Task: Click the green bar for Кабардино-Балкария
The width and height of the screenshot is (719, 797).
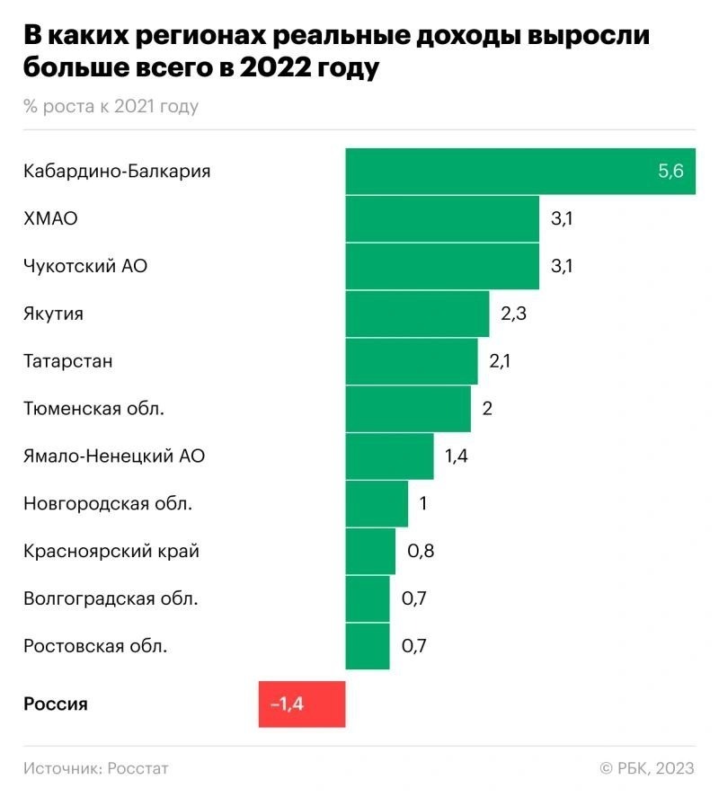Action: pyautogui.click(x=503, y=171)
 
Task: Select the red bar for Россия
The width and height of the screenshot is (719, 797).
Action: pyautogui.click(x=301, y=704)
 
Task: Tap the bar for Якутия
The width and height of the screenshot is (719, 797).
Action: pyautogui.click(x=417, y=314)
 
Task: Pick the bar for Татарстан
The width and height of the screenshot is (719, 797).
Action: pyautogui.click(x=412, y=361)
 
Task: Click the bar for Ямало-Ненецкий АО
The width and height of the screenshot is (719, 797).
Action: pyautogui.click(x=389, y=456)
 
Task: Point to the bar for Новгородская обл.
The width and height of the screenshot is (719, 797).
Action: pyautogui.click(x=377, y=503)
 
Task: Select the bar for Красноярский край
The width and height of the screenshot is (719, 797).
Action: pyautogui.click(x=370, y=551)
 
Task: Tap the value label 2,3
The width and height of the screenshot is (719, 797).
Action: pyautogui.click(x=513, y=314)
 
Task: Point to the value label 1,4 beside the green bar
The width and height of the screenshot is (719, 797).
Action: pyautogui.click(x=457, y=456)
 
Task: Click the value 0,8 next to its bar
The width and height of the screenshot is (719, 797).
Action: pyautogui.click(x=421, y=551)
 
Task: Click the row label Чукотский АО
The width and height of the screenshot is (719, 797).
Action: pyautogui.click(x=84, y=266)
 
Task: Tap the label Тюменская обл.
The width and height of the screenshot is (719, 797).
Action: pyautogui.click(x=94, y=409)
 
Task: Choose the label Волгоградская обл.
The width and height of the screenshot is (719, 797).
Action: pyautogui.click(x=111, y=598)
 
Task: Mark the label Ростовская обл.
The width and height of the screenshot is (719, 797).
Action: pyautogui.click(x=95, y=645)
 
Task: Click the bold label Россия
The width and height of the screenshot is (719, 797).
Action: pyautogui.click(x=56, y=704)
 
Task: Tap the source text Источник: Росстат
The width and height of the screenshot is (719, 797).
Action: pyautogui.click(x=96, y=768)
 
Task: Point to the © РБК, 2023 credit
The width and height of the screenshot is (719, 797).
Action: pyautogui.click(x=647, y=768)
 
